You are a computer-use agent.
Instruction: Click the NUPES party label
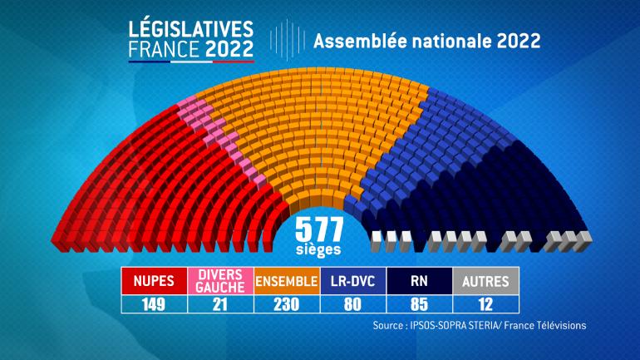pos(155,281)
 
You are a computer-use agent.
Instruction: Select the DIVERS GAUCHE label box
pos(220,281)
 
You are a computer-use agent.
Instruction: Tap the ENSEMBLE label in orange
pos(287,281)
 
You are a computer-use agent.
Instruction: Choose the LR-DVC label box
pos(353,281)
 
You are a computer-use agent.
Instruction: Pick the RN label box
pos(420,281)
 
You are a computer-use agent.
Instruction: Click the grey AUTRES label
pos(486,281)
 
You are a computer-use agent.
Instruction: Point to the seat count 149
pos(155,303)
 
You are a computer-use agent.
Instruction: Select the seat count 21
pos(220,303)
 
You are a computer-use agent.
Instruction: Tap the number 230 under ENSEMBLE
pos(287,303)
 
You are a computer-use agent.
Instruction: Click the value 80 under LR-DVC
pos(353,303)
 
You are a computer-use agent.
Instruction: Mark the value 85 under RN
pos(420,303)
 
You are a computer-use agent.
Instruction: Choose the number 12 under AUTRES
pos(486,303)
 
